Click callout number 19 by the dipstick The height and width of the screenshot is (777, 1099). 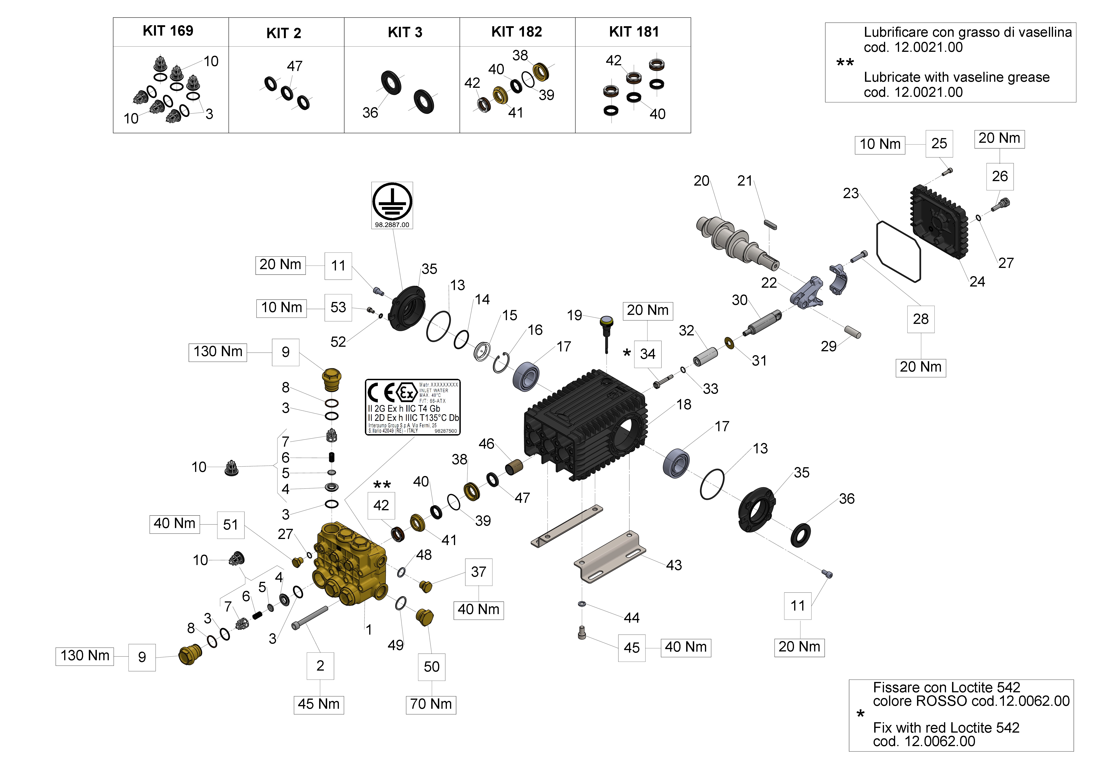coord(574,315)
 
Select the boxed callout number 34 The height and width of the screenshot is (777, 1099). coord(648,354)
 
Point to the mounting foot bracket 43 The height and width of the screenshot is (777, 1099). coord(610,557)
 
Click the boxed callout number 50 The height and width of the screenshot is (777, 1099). coord(432,667)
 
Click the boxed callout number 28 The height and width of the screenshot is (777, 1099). coord(920,319)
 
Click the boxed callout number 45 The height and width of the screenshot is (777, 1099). coord(631,648)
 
